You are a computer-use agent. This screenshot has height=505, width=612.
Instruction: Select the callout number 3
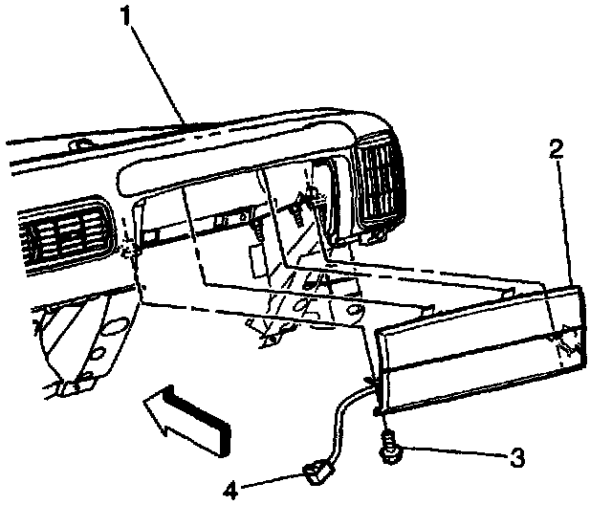[x=517, y=458]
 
